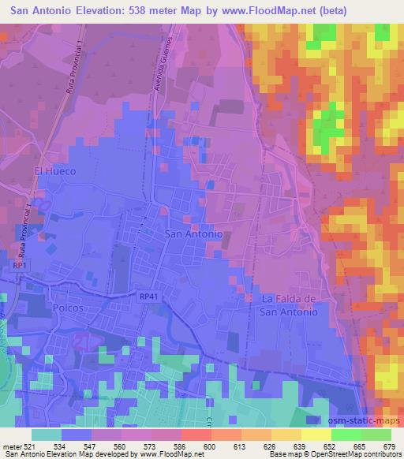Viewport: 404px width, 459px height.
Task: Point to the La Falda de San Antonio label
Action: (x=289, y=305)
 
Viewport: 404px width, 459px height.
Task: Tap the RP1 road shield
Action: (x=21, y=267)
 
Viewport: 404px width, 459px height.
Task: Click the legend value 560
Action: (x=118, y=444)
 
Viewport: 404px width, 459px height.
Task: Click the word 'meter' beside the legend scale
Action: (x=11, y=444)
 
